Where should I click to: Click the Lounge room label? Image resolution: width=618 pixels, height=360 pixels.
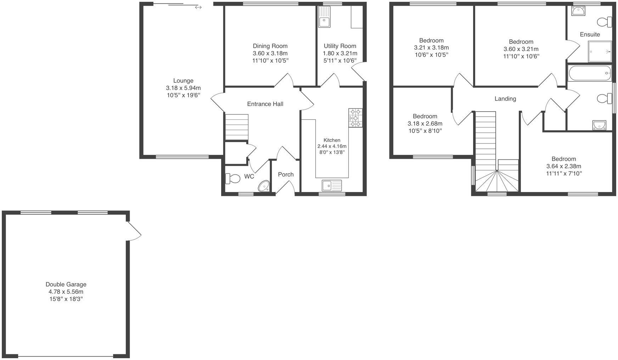pos(183,81)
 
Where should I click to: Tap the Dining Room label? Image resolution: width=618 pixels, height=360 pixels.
pos(270,46)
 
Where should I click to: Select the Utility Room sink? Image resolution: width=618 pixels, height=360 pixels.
pos(324,18)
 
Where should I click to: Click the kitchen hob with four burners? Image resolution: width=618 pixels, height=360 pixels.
pos(355,118)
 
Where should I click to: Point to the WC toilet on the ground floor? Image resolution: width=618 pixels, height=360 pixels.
pos(232,178)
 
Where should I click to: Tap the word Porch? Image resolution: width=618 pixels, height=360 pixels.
pos(286,174)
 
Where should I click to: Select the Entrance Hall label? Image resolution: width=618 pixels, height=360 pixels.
pos(265,104)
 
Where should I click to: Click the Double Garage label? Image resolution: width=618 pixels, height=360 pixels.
pos(66,284)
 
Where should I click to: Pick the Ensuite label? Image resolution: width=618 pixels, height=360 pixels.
pos(590,34)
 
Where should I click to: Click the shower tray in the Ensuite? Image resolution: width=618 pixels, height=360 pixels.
pos(600,52)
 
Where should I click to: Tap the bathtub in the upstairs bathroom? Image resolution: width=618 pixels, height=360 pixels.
pos(589,73)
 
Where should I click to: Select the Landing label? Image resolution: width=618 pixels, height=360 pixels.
pos(505,99)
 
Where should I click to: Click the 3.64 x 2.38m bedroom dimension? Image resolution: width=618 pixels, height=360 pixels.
pos(563,166)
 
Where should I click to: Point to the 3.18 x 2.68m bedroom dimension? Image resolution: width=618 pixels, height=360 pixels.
pos(425,124)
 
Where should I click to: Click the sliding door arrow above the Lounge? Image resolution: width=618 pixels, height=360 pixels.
pos(198,7)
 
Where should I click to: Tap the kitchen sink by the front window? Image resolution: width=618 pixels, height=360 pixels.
pos(332,185)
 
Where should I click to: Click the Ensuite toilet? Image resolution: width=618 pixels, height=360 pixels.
pos(604,22)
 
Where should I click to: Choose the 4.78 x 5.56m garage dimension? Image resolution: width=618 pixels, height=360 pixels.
pos(66,292)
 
